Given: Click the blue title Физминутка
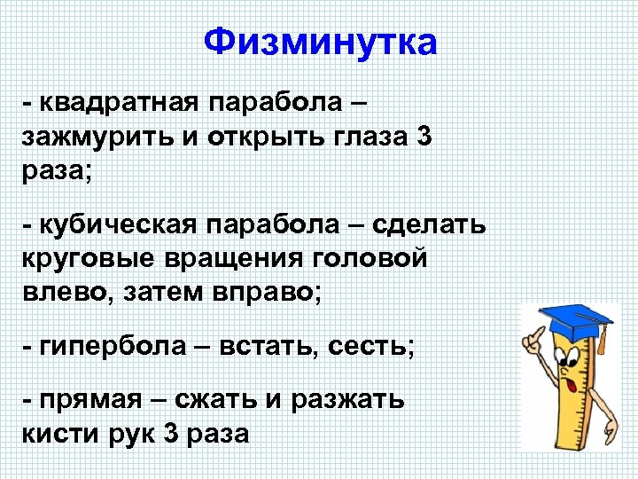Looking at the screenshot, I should coord(320,42).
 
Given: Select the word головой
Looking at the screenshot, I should coord(377,259).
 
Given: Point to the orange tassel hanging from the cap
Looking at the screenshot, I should coord(603,342).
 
